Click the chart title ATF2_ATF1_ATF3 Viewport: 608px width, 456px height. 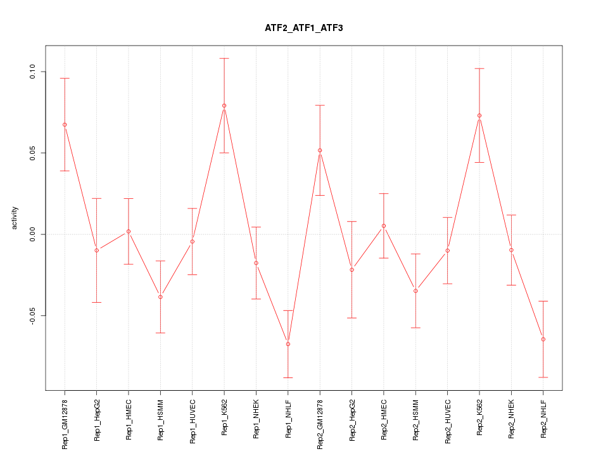304,28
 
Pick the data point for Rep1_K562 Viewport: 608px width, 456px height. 224,106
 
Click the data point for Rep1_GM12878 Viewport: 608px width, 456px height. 65,125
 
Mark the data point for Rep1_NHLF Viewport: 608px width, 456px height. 288,344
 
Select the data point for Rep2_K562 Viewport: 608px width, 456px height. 479,115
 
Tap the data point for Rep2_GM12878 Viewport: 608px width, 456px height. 320,150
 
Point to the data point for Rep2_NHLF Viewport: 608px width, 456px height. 543,339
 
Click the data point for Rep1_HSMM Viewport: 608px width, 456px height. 160,297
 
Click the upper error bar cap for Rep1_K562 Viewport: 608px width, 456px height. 224,58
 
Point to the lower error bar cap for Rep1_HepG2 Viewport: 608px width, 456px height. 97,302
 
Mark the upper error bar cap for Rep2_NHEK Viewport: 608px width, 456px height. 512,215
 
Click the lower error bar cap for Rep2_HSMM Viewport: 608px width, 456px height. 415,327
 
